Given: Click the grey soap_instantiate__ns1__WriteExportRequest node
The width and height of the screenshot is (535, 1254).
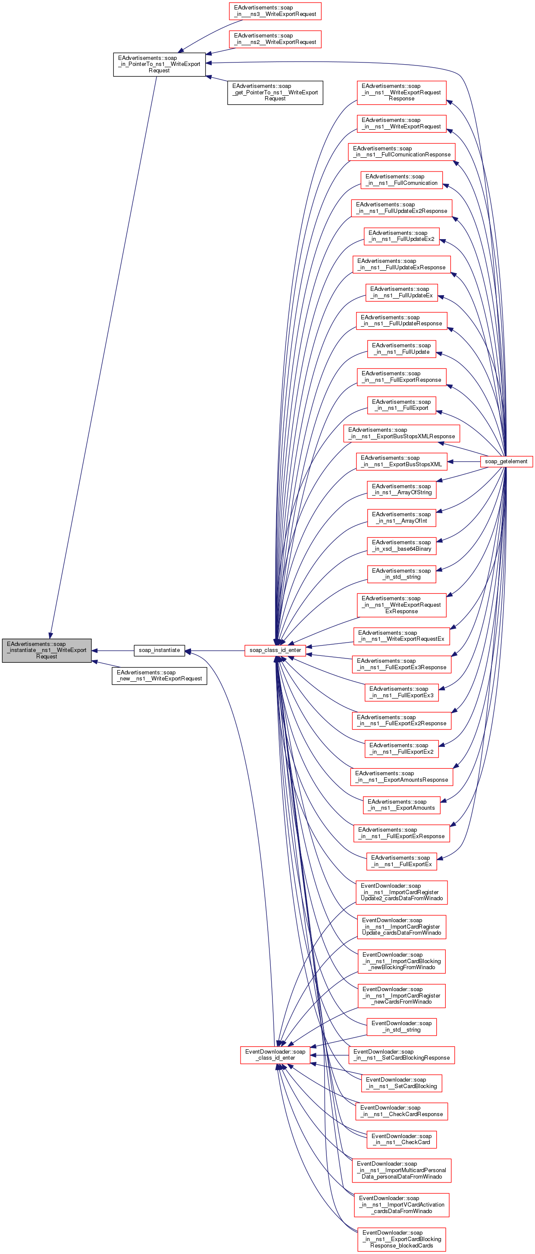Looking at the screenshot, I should pos(47,650).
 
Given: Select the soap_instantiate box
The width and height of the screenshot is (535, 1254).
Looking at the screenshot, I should pos(159,650).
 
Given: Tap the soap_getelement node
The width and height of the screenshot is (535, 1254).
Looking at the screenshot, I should pos(506,461).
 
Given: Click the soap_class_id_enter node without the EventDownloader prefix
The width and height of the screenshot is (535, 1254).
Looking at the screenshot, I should pos(275,650).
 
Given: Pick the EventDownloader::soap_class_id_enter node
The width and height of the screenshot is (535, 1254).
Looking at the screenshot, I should pos(275,1054).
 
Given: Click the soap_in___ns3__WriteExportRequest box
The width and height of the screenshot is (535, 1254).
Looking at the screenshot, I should pos(275,11).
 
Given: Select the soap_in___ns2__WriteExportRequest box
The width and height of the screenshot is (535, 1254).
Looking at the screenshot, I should pos(275,39).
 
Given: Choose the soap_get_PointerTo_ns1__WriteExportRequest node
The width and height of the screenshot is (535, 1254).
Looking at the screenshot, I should pos(275,92).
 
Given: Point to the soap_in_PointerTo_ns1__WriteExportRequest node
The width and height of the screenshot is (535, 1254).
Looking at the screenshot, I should pos(159,64).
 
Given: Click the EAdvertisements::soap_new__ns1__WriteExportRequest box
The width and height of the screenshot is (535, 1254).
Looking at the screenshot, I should pos(159,675).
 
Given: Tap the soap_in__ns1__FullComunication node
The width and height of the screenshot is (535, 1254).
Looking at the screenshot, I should pos(402,180).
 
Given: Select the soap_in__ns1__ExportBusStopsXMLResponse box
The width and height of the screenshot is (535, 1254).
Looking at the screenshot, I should pos(402,433).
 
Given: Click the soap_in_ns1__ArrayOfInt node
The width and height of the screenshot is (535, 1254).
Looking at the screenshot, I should pos(402,518).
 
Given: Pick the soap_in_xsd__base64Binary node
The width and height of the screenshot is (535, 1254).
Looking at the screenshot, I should pos(402,545).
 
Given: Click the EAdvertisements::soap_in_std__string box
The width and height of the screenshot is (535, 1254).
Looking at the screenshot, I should pos(402,574).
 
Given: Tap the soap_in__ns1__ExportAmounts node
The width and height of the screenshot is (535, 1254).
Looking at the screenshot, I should pos(402,805).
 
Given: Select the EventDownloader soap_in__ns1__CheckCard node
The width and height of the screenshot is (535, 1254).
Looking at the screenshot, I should pos(402,1139).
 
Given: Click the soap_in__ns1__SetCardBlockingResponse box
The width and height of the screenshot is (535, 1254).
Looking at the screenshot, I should pos(402,1054).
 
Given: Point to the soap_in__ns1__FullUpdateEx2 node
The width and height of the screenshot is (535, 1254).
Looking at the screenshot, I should pos(402,236).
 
